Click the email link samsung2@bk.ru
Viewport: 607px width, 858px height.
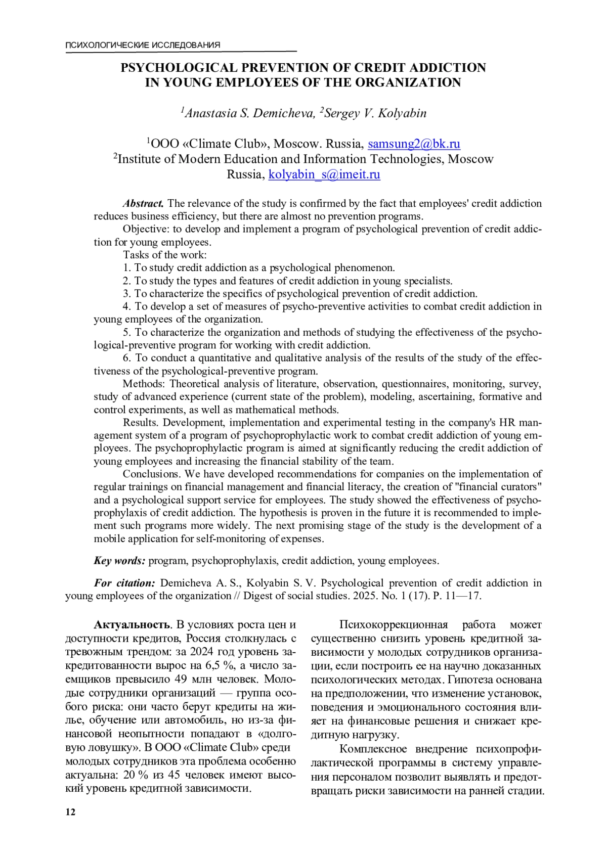414,144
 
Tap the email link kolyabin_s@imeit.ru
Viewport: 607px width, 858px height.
324,175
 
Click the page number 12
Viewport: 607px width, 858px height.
70,812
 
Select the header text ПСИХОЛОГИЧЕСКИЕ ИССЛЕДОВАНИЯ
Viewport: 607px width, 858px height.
143,46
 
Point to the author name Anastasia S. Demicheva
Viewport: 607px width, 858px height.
248,113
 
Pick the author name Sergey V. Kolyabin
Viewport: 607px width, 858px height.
375,113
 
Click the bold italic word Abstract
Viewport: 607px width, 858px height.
143,204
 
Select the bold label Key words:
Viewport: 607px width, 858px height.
120,561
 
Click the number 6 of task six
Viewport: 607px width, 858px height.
126,358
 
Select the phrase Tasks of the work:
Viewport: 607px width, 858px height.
165,255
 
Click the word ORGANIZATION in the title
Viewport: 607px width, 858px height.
409,83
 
